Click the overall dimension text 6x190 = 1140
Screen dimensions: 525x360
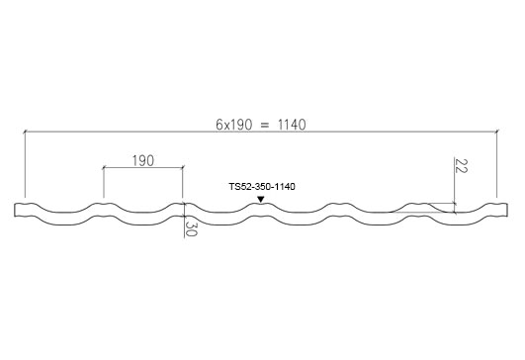coord(261,125)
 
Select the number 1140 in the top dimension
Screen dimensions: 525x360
coord(292,125)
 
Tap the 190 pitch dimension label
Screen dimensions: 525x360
coord(143,161)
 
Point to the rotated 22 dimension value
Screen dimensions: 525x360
coord(461,166)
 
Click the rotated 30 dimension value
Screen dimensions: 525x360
coord(191,228)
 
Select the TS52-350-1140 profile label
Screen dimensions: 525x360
coord(262,187)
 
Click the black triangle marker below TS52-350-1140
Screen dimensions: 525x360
coord(261,200)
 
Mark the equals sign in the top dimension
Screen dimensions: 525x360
coord(265,125)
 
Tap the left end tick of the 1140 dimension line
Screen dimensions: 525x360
coord(25,132)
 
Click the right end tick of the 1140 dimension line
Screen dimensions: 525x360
coord(497,132)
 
